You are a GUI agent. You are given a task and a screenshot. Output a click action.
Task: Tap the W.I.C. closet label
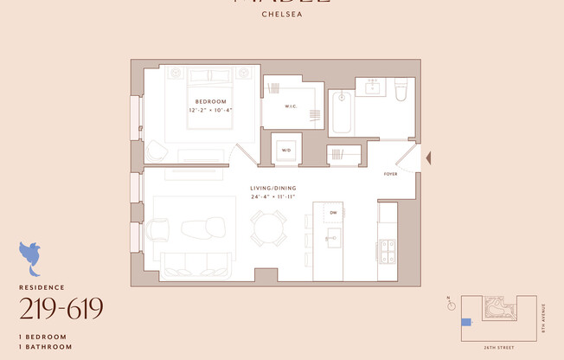[291, 106]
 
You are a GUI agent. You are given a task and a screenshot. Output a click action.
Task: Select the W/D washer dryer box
[286, 150]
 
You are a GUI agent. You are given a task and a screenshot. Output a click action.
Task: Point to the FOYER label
[391, 173]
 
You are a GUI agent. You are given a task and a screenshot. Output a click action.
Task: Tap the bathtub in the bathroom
[341, 112]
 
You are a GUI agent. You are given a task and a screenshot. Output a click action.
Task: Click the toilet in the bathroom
[400, 91]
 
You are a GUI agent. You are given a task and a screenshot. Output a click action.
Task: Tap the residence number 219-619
[61, 307]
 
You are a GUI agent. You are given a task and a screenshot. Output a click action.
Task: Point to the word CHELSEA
[281, 14]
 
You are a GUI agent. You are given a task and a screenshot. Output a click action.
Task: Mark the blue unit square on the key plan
[466, 322]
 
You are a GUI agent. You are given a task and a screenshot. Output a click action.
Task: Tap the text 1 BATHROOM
[42, 345]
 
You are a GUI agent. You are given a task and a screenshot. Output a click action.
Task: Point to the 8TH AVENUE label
[543, 315]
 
